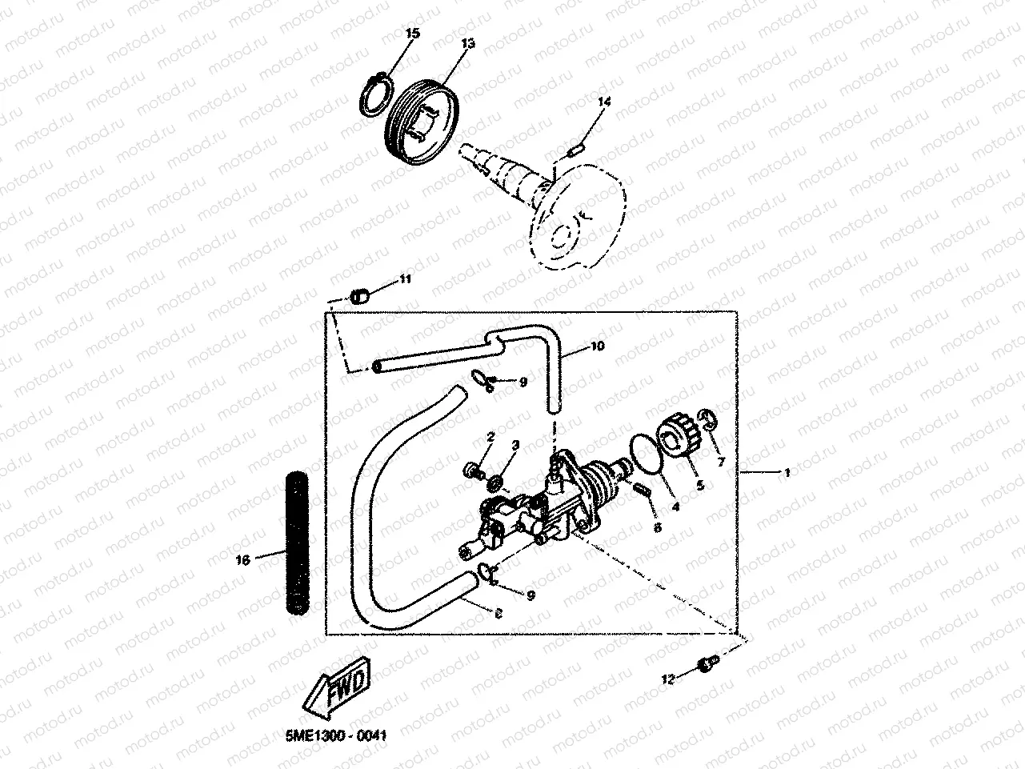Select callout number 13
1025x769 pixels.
[x=467, y=43]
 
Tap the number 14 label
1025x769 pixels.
[x=603, y=102]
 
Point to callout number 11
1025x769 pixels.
[x=405, y=278]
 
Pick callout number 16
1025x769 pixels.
[x=243, y=559]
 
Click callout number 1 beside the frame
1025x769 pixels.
[x=787, y=473]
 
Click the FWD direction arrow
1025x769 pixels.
[x=338, y=687]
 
